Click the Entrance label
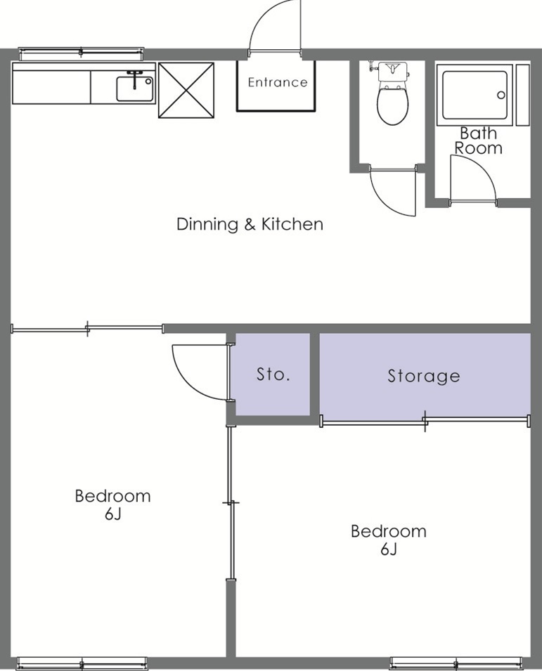point(277,82)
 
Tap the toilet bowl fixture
point(392,103)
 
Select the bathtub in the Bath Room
point(472,94)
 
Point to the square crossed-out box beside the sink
point(186,90)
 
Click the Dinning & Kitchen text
point(250,224)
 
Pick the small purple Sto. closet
point(272,374)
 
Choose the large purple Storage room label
point(424,376)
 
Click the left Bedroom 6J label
point(112,504)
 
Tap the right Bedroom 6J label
point(388,540)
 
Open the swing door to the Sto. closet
point(201,371)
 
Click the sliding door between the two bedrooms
point(230,502)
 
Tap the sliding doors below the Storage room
point(425,421)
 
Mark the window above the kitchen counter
point(81,53)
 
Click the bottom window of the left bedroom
point(82,662)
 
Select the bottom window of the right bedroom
point(456,662)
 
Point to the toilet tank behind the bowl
point(393,70)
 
